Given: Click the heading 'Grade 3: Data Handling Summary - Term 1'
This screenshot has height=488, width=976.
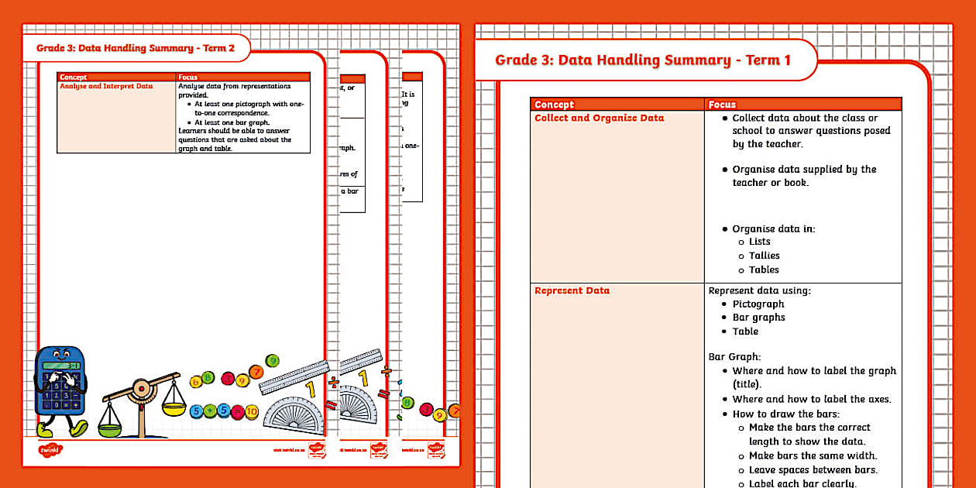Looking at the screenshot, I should (x=642, y=60).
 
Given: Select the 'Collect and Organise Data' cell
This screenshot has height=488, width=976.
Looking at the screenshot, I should (x=599, y=119).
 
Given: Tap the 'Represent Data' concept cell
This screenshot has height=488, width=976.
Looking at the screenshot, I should (x=572, y=291).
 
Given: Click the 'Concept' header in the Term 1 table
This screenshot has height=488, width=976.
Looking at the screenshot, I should (x=554, y=105).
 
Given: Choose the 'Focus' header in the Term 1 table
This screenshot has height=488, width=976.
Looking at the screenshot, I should (x=722, y=105).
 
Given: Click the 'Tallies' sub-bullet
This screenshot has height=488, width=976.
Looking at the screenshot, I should (x=764, y=256).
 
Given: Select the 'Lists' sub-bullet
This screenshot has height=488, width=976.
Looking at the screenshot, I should (x=759, y=242).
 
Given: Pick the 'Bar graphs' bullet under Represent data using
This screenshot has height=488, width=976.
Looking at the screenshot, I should (x=758, y=318).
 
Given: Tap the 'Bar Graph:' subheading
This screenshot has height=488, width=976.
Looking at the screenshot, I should (x=735, y=357).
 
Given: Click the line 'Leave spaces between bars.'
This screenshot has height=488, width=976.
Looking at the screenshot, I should (x=813, y=470).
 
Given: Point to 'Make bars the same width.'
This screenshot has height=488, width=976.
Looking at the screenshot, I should (x=813, y=456).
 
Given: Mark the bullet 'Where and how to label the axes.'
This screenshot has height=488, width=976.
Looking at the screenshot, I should (x=811, y=400).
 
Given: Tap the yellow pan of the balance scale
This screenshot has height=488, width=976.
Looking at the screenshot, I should (x=174, y=407).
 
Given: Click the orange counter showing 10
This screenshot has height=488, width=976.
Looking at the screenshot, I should (x=251, y=412).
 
